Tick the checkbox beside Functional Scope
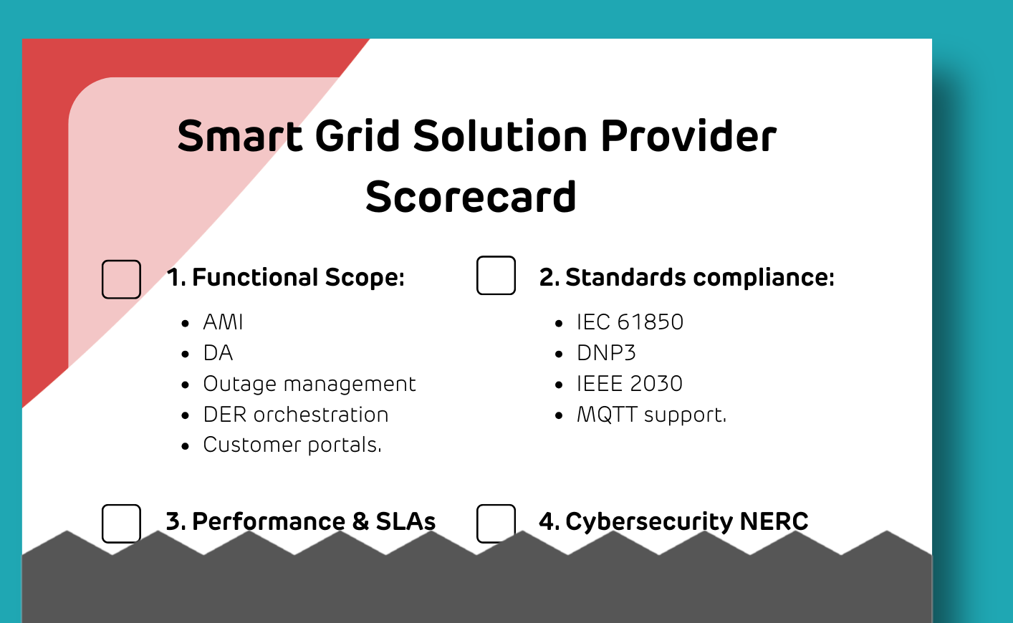click(121, 279)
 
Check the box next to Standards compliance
click(496, 275)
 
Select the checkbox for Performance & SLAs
click(121, 523)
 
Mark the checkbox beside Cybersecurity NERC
click(496, 523)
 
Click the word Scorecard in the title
click(471, 197)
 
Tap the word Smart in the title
click(240, 135)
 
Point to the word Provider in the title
click(688, 135)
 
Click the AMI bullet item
click(223, 322)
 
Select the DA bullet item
click(218, 353)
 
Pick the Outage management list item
click(309, 385)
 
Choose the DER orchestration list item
click(296, 415)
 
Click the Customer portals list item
click(292, 445)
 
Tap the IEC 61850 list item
click(630, 322)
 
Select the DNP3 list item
click(606, 353)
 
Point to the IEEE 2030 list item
click(630, 384)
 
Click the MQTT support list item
click(652, 415)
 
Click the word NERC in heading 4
click(774, 521)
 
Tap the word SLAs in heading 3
click(405, 521)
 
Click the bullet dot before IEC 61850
click(559, 323)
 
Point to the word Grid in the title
click(357, 135)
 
